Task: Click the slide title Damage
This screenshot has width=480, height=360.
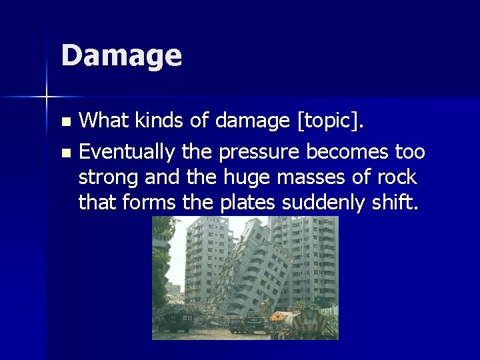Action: coord(121,55)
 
